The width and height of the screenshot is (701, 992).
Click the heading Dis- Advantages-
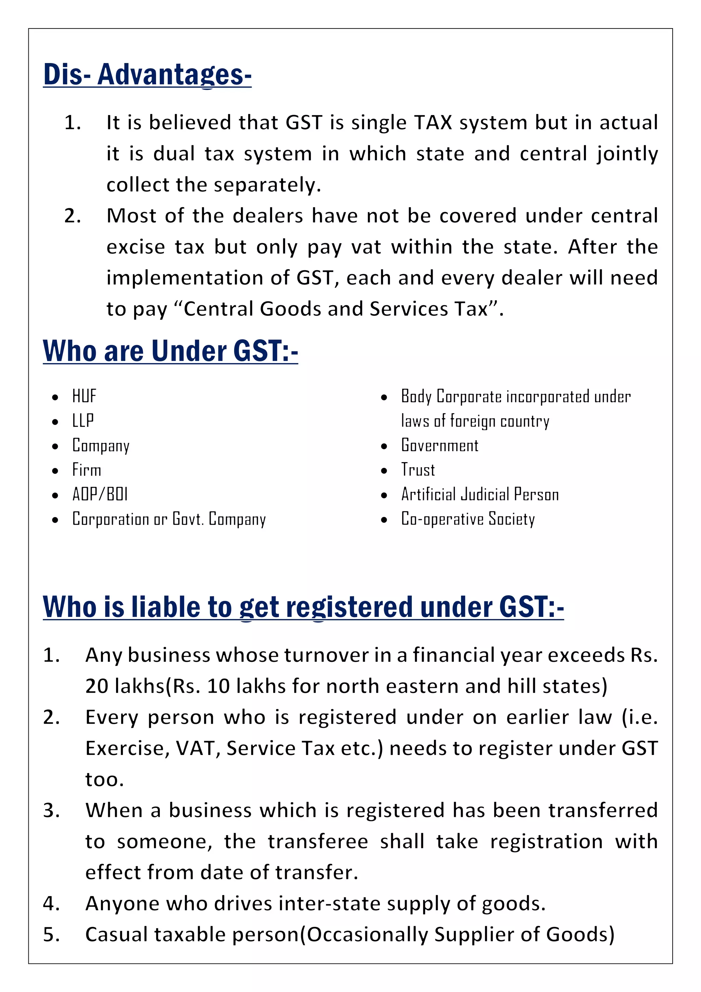(x=147, y=74)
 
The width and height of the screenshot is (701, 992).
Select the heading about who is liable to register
(x=303, y=607)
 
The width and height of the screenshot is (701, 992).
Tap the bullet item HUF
(x=84, y=396)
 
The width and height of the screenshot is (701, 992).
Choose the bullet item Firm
(x=87, y=470)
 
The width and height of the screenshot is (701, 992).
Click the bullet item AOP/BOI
(x=100, y=495)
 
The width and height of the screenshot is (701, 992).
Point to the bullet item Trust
(x=418, y=470)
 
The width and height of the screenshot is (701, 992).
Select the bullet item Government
(x=440, y=445)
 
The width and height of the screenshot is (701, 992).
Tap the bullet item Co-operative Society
(x=468, y=519)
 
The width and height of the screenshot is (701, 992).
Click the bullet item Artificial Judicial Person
(x=480, y=495)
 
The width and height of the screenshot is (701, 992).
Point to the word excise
(x=136, y=247)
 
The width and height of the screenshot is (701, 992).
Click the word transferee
(x=318, y=842)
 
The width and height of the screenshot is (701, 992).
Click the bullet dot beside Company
(x=55, y=446)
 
